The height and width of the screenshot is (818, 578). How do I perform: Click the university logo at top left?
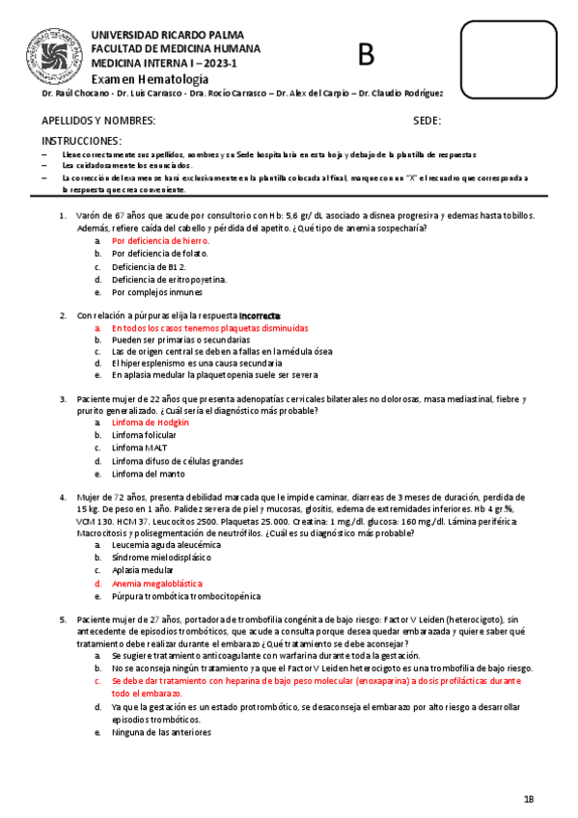[x=60, y=47]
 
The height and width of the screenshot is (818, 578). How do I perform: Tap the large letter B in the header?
[x=366, y=56]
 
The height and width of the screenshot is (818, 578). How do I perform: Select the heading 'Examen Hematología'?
[x=150, y=78]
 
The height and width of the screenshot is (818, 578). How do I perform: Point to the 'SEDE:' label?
[x=427, y=122]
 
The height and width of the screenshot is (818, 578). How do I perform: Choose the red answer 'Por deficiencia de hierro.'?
[x=160, y=240]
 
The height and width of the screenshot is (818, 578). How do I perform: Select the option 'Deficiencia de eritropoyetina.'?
[x=170, y=279]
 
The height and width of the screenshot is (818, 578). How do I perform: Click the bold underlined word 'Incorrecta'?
[x=261, y=315]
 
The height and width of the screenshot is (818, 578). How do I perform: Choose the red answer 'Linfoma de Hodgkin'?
[x=151, y=423]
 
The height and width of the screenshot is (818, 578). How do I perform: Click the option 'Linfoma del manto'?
[x=149, y=474]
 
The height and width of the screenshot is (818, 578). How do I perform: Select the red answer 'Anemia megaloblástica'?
[x=157, y=584]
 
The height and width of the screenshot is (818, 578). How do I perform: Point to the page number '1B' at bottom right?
[x=529, y=799]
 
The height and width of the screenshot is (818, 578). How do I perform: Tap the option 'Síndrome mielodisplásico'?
[x=160, y=558]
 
